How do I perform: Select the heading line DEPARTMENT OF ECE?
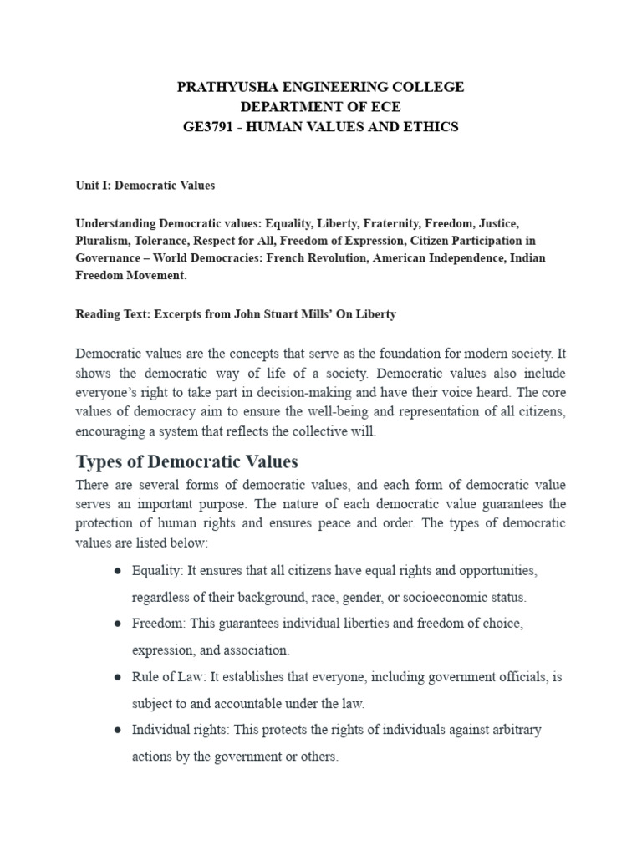(320, 107)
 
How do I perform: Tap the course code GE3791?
(211, 127)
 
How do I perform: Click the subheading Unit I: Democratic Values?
(145, 185)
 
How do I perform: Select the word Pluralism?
(103, 241)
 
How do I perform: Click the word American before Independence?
(400, 257)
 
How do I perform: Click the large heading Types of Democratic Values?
(186, 461)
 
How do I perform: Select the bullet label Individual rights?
(179, 730)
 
